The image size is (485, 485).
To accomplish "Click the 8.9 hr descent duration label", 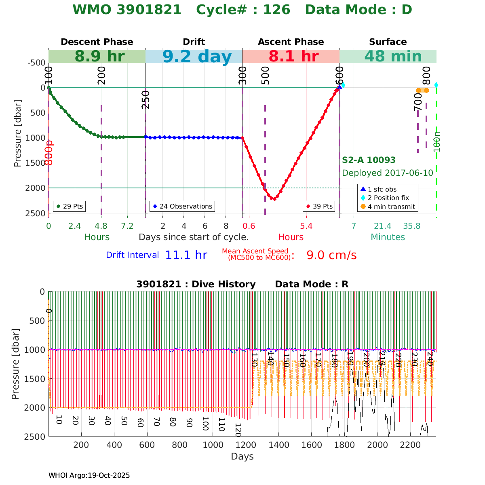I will pyautogui.click(x=99, y=57).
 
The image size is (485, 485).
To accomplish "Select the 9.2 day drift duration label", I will pyautogui.click(x=197, y=57).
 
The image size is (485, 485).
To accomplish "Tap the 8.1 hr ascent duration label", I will pyautogui.click(x=293, y=57).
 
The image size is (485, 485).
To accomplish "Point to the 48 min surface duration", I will pyautogui.click(x=387, y=57).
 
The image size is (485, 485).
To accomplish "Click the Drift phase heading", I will pyautogui.click(x=194, y=42).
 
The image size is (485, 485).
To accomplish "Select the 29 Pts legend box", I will pyautogui.click(x=69, y=206).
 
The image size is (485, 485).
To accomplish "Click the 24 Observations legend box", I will pyautogui.click(x=182, y=206).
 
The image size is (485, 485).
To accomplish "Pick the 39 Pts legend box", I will pyautogui.click(x=319, y=206).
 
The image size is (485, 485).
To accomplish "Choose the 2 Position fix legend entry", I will pyautogui.click(x=388, y=198).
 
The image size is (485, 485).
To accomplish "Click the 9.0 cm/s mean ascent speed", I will pyautogui.click(x=331, y=255).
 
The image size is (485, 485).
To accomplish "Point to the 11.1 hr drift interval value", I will pyautogui.click(x=186, y=255).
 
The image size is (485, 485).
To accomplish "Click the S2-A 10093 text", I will pyautogui.click(x=369, y=160).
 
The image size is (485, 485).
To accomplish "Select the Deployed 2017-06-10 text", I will pyautogui.click(x=387, y=173).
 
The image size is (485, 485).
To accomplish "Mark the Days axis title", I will pyautogui.click(x=242, y=457).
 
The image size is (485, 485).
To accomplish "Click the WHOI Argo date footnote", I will pyautogui.click(x=89, y=475).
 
